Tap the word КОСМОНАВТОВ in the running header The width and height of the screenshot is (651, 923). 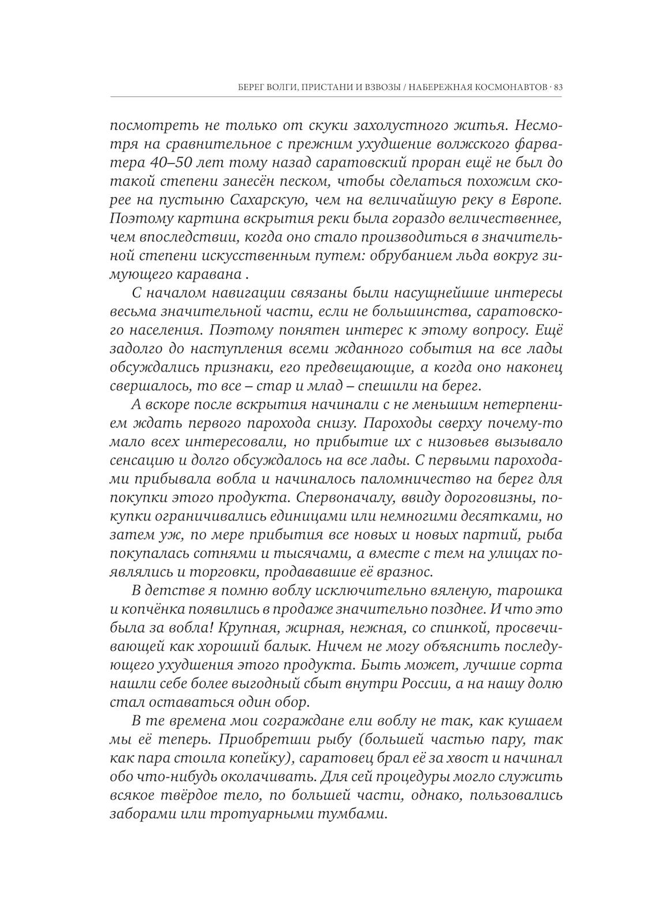[509, 88]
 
